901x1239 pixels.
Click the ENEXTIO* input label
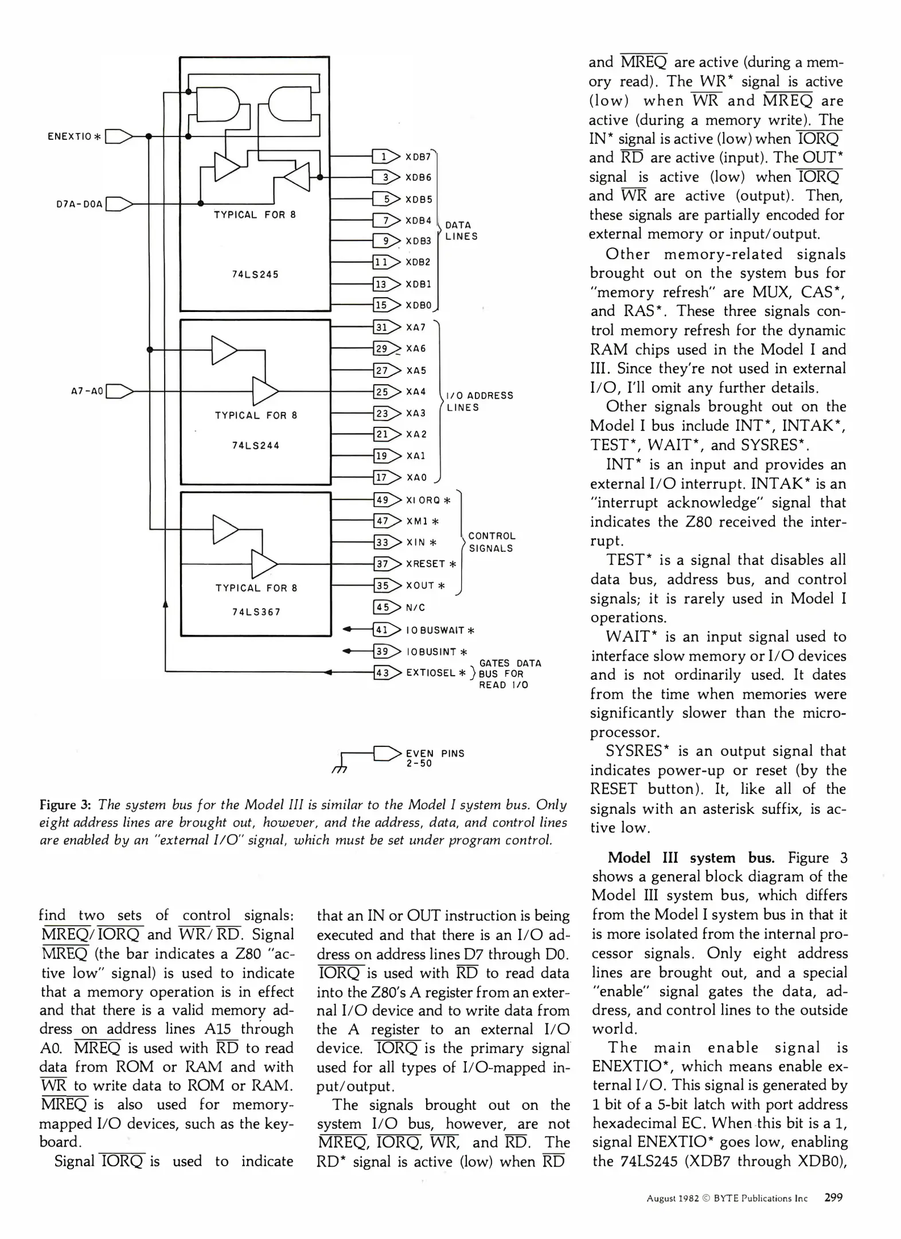[x=74, y=137]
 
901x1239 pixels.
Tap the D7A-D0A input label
[x=79, y=204]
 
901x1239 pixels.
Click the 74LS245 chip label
[x=255, y=274]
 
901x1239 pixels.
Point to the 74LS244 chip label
[x=256, y=445]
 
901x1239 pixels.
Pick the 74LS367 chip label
[x=256, y=612]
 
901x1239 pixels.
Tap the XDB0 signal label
[x=418, y=306]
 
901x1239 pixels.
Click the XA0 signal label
[x=416, y=477]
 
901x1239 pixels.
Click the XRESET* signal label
[x=431, y=564]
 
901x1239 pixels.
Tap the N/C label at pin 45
[x=415, y=607]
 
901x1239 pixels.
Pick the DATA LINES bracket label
[x=461, y=231]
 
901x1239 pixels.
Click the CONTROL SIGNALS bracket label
[x=492, y=542]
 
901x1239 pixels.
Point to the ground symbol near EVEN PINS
[x=339, y=768]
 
